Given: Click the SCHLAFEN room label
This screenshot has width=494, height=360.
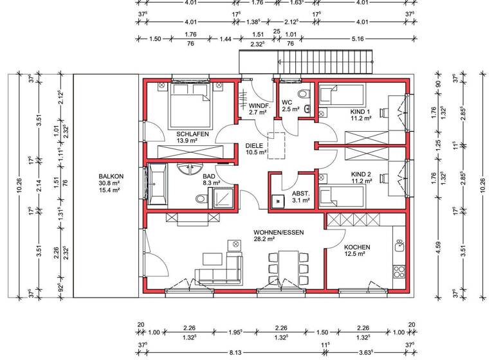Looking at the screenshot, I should click(x=191, y=134).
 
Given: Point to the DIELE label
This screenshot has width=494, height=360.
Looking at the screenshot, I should click(x=254, y=146).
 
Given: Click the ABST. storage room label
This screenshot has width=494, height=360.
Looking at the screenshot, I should click(x=300, y=192).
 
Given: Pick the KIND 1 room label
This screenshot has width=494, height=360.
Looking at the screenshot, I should click(x=361, y=110).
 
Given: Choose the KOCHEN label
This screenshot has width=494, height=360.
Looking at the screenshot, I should click(x=357, y=247).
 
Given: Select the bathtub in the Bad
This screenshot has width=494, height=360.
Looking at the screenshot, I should click(x=158, y=184).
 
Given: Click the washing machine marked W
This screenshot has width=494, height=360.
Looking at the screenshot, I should click(x=278, y=201).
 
